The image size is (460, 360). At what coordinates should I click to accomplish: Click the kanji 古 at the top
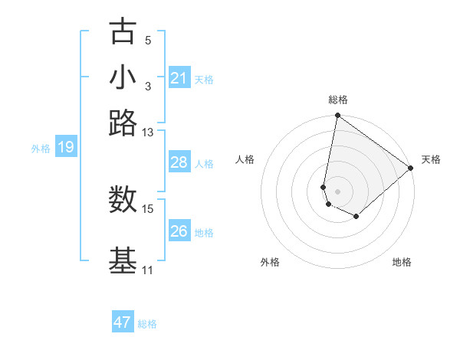pyautogui.click(x=123, y=32)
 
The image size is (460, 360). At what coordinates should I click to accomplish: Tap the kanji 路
pyautogui.click(x=123, y=123)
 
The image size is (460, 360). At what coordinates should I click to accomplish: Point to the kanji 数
pyautogui.click(x=123, y=199)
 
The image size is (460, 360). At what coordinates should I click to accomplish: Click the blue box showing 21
pyautogui.click(x=179, y=78)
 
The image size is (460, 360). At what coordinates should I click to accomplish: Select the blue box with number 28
pyautogui.click(x=179, y=162)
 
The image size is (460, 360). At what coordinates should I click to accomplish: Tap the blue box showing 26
pyautogui.click(x=179, y=231)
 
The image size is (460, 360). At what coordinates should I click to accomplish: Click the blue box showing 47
pyautogui.click(x=123, y=322)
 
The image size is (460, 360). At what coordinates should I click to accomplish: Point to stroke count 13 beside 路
pyautogui.click(x=148, y=133)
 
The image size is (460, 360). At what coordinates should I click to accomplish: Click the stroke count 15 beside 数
pyautogui.click(x=148, y=208)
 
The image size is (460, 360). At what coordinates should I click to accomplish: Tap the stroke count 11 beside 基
pyautogui.click(x=148, y=270)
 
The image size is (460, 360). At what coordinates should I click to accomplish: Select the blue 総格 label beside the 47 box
pyautogui.click(x=147, y=324)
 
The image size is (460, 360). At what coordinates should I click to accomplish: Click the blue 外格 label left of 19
pyautogui.click(x=41, y=149)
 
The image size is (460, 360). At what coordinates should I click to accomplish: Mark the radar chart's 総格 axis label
pyautogui.click(x=337, y=100)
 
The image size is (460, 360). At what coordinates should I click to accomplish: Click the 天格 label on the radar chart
pyautogui.click(x=431, y=159)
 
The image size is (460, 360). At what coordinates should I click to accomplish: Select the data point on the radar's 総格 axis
pyautogui.click(x=337, y=116)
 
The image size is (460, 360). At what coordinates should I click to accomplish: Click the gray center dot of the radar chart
pyautogui.click(x=337, y=191)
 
